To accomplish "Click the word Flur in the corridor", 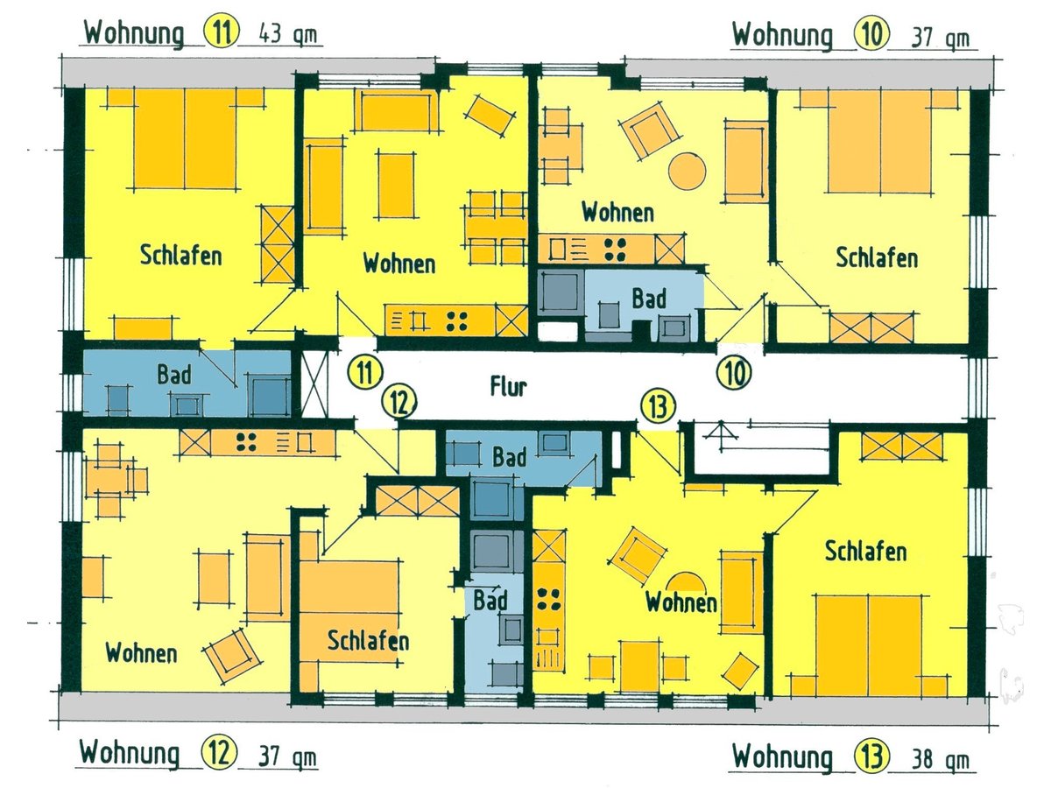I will (509, 386).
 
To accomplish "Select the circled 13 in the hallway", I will (658, 405).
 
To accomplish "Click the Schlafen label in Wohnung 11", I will (180, 257).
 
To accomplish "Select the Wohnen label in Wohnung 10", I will (617, 212).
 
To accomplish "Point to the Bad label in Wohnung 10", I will (649, 299).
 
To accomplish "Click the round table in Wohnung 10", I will (687, 170).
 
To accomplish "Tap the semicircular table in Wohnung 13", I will (682, 581).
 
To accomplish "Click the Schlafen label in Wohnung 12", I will (368, 641).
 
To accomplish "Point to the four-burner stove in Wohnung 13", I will (549, 598).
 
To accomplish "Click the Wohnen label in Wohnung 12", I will (141, 652).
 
